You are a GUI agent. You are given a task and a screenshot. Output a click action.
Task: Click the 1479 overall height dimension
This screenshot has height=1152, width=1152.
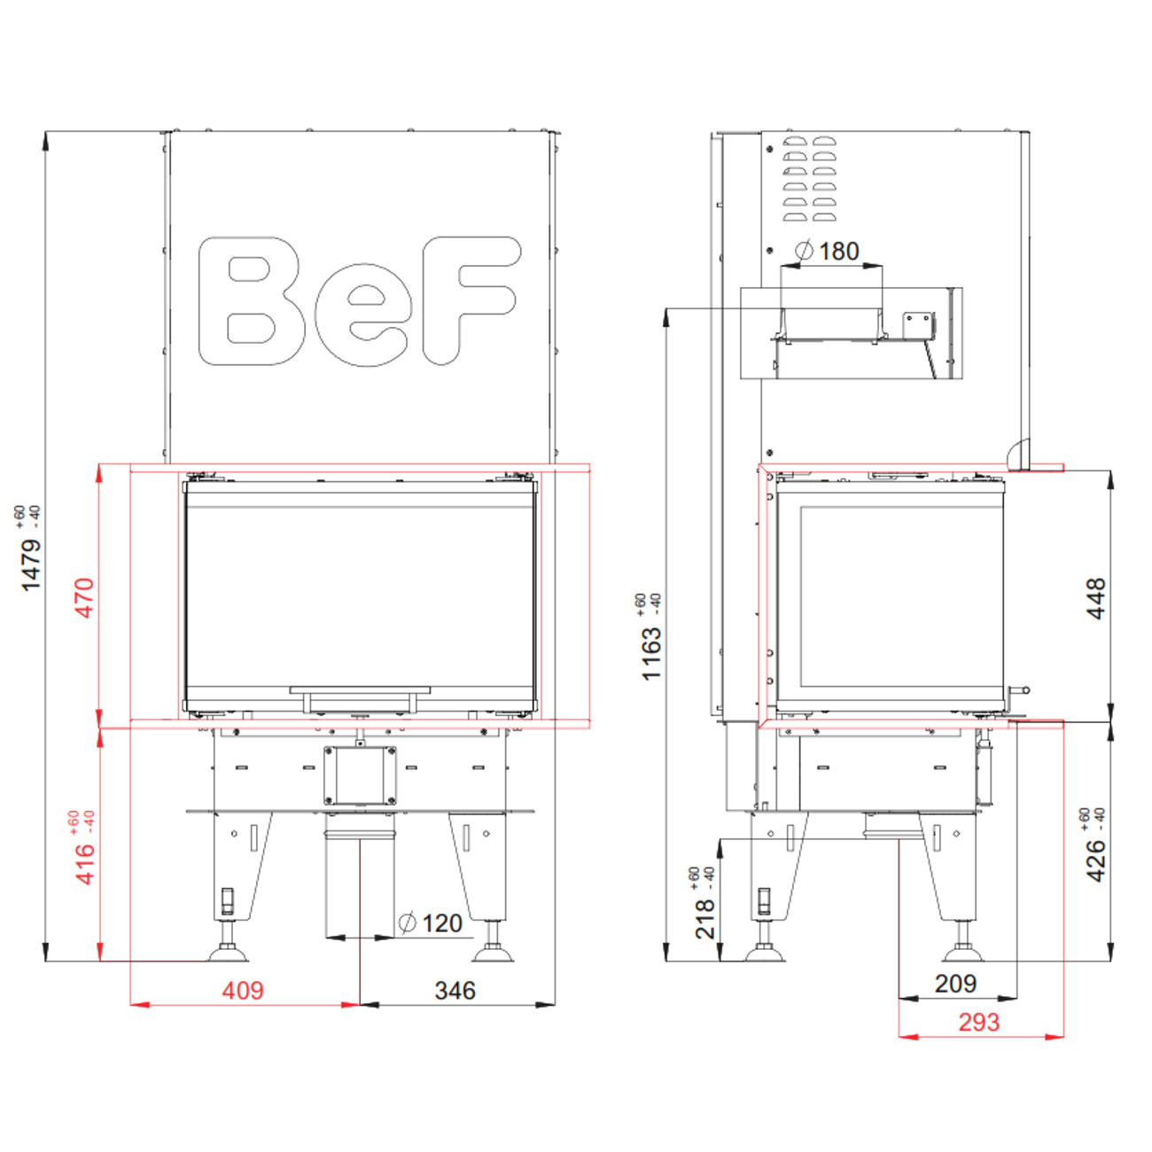click(30, 564)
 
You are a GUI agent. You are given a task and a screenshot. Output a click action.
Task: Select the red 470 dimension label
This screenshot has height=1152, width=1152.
click(84, 597)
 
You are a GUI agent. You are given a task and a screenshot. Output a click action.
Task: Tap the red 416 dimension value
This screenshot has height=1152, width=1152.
click(84, 865)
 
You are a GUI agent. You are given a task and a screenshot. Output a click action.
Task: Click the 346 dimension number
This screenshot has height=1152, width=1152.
click(455, 991)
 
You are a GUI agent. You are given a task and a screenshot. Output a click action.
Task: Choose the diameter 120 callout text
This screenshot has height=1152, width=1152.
click(431, 923)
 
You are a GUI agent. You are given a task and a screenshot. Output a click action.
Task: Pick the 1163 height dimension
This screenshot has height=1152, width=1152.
click(651, 653)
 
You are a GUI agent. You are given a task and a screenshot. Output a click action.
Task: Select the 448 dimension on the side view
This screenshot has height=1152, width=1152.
click(1096, 598)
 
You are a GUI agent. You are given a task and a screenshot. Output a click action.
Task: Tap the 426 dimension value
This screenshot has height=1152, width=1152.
click(1096, 860)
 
